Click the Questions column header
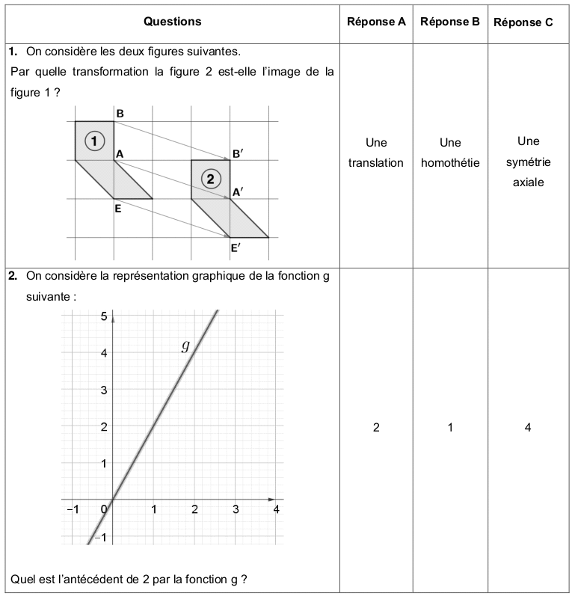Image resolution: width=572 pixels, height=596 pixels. (172, 22)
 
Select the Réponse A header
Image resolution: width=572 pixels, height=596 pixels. (376, 22)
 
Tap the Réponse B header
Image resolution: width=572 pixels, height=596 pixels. (449, 22)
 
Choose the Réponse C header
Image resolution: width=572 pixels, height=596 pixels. (523, 22)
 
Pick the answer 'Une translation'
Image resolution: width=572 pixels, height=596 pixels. (376, 153)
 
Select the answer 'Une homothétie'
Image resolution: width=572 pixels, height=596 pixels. (449, 153)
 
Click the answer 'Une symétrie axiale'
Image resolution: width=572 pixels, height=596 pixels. (528, 161)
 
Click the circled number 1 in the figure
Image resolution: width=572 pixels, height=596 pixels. (94, 140)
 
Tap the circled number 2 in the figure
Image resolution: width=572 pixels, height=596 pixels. (211, 179)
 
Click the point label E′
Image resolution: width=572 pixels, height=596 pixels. (236, 248)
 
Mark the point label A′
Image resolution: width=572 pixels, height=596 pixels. (237, 192)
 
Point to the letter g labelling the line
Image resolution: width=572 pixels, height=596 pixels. (185, 345)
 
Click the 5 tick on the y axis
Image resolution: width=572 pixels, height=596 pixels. (103, 316)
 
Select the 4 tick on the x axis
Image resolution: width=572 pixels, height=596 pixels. (276, 510)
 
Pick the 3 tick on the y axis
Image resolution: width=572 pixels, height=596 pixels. (103, 390)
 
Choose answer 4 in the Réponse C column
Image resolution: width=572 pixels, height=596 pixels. (528, 428)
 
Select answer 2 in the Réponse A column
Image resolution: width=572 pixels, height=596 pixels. (376, 428)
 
